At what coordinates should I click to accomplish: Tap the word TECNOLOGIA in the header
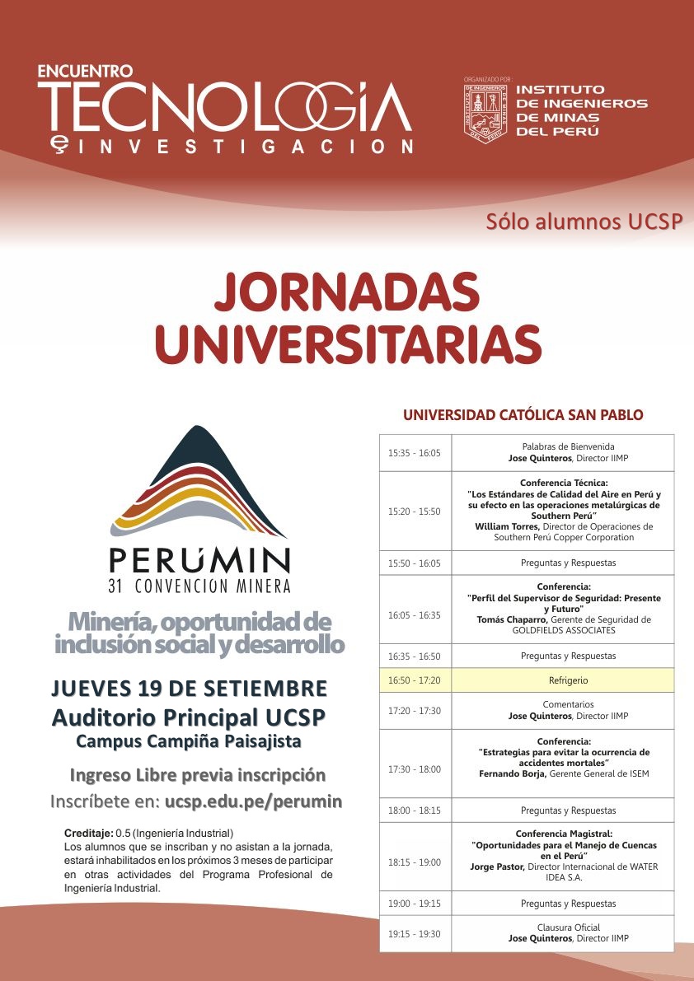(224, 106)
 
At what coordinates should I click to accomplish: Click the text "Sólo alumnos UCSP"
(584, 222)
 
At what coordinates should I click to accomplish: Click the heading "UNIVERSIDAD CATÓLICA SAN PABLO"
(523, 415)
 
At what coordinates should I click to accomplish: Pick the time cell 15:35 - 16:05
(414, 453)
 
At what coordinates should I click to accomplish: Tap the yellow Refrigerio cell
(568, 680)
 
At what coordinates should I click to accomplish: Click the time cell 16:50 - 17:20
(414, 680)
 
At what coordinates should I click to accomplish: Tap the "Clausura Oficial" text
(568, 927)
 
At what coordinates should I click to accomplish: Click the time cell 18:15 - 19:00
(414, 862)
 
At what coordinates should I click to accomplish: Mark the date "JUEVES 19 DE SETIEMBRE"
(189, 689)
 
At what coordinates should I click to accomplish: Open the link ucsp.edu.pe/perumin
(253, 801)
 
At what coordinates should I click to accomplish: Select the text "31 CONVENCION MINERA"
(199, 586)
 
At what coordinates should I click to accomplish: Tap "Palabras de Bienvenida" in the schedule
(568, 446)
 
